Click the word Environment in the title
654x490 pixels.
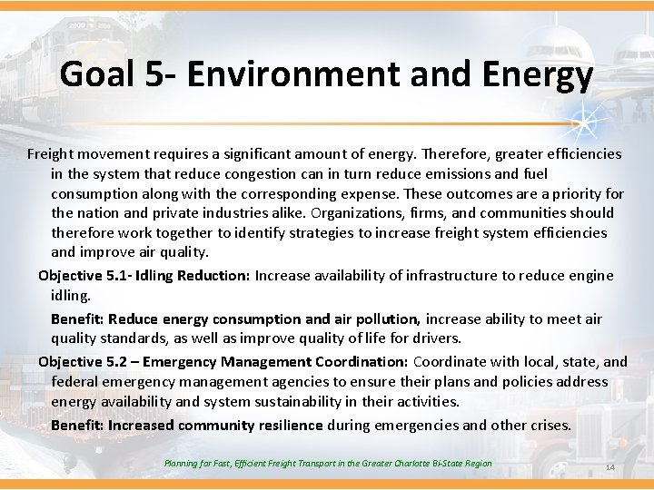(x=299, y=74)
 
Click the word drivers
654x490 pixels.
(x=435, y=338)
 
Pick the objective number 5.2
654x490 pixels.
(x=118, y=361)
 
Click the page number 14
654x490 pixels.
(x=609, y=467)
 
